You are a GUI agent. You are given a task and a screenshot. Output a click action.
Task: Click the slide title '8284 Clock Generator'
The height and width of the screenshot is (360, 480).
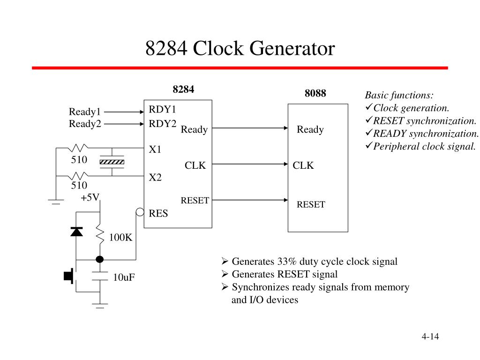pyautogui.click(x=240, y=49)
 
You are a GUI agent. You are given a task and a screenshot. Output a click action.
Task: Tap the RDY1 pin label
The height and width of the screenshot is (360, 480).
pyautogui.click(x=162, y=110)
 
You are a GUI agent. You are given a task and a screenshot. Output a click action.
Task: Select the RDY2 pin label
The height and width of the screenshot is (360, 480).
pyautogui.click(x=162, y=124)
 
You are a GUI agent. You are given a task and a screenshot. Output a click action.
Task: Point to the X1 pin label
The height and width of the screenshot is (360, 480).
pyautogui.click(x=155, y=150)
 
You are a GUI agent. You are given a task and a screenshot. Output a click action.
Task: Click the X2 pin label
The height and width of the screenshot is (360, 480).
pyautogui.click(x=155, y=178)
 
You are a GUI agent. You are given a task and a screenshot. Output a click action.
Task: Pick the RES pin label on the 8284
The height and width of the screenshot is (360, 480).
pyautogui.click(x=158, y=213)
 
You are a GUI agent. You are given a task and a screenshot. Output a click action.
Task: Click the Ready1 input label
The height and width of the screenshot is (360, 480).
pyautogui.click(x=85, y=112)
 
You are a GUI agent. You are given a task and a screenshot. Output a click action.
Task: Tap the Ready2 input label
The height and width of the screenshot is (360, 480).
pyautogui.click(x=85, y=124)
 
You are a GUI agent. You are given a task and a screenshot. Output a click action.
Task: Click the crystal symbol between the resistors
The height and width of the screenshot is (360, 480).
pyautogui.click(x=112, y=162)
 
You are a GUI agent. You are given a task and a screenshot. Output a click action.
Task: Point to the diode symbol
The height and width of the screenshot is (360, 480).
pyautogui.click(x=76, y=231)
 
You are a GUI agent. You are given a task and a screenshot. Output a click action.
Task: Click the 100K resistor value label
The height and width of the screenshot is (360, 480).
pyautogui.click(x=121, y=238)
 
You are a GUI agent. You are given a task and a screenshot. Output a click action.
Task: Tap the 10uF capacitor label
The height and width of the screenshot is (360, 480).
pyautogui.click(x=124, y=277)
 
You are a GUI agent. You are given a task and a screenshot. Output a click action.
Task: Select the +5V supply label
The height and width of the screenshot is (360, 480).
pyautogui.click(x=90, y=197)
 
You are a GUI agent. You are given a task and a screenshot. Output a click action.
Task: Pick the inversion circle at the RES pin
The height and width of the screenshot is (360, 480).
pyautogui.click(x=140, y=212)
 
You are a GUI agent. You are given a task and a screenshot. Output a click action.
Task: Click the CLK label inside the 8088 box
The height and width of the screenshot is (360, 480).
pyautogui.click(x=303, y=165)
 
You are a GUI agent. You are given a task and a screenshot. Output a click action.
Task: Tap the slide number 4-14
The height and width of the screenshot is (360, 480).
pyautogui.click(x=430, y=337)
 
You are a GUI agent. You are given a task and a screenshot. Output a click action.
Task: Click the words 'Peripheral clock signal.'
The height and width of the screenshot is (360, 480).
pyautogui.click(x=424, y=146)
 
